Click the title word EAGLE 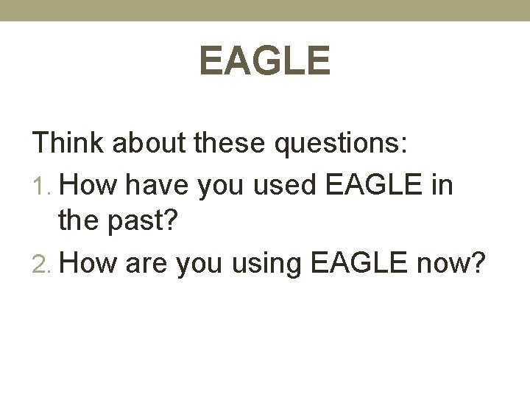(265, 60)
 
